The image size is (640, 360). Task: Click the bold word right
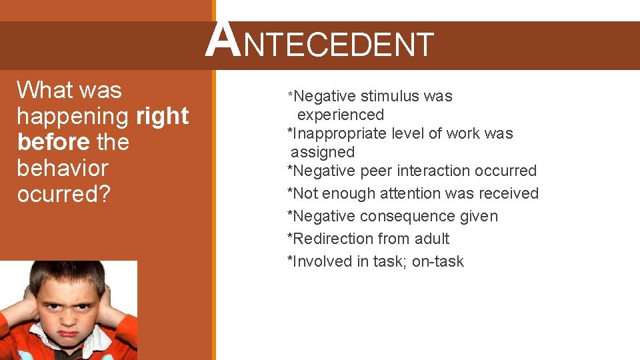point(162,116)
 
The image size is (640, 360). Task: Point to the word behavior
point(62,168)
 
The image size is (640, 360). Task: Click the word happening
point(73,116)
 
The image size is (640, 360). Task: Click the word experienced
point(341,115)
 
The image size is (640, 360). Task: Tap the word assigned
point(323,152)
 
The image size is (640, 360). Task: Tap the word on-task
point(437,261)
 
